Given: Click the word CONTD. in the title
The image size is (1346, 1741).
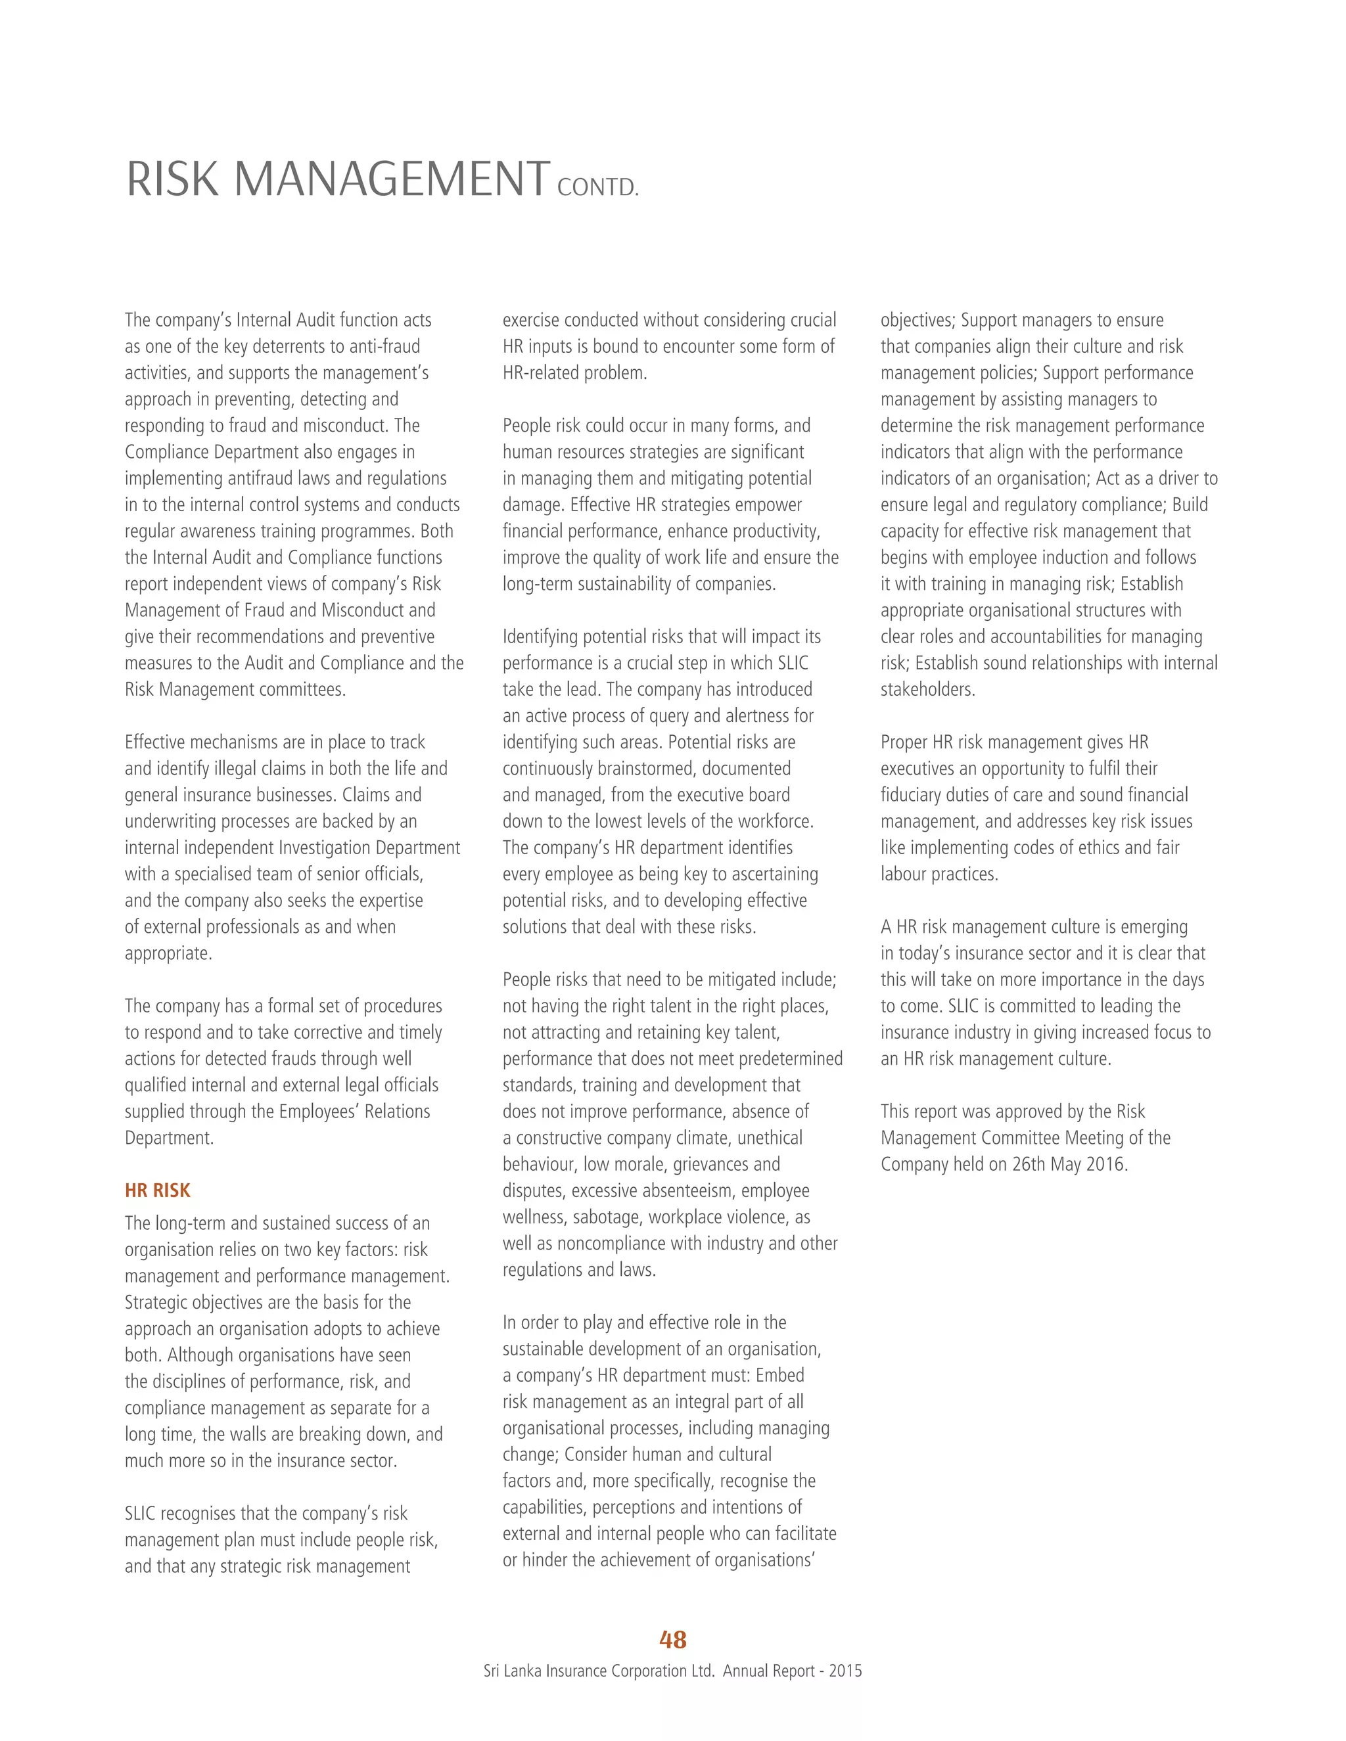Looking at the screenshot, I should coord(598,188).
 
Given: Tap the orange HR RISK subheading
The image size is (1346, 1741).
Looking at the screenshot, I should coord(157,1190).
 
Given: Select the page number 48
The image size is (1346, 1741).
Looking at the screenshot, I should coord(673,1639).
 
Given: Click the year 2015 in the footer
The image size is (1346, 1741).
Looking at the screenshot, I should coord(845,1671).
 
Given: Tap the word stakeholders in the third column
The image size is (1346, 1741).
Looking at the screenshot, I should coord(927,690).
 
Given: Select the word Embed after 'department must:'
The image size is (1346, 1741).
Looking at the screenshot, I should coord(780,1375).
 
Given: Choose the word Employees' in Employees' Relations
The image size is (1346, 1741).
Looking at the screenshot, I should coord(319,1111).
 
